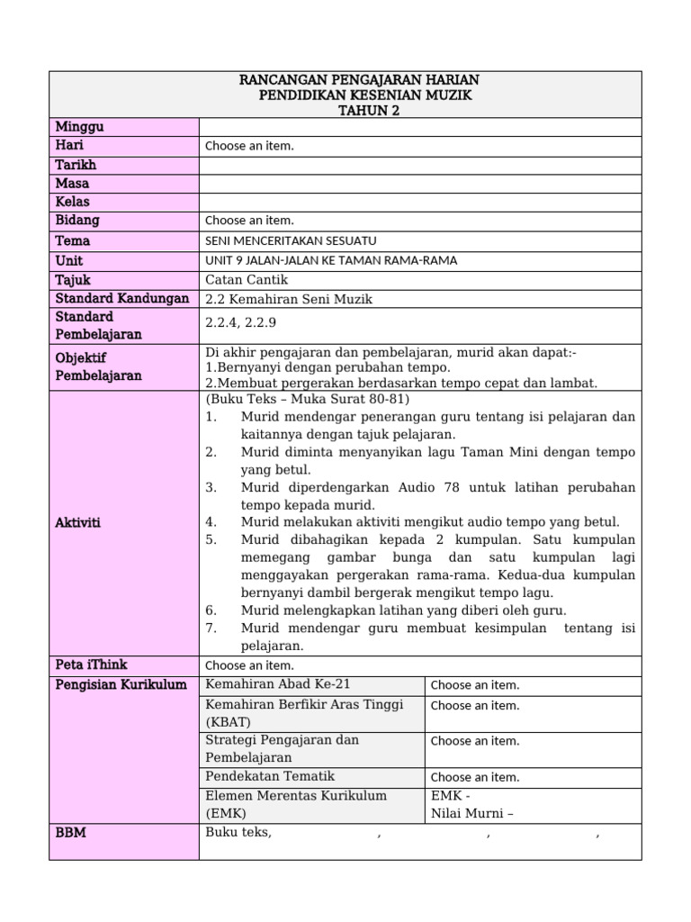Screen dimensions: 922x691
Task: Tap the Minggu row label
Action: (80, 127)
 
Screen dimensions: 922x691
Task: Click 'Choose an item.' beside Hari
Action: (249, 146)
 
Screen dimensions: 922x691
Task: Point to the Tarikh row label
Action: (76, 165)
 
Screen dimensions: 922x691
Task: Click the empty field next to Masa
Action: (420, 184)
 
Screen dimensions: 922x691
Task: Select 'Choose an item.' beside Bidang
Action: (249, 221)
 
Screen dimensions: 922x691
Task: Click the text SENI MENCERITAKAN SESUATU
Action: (291, 240)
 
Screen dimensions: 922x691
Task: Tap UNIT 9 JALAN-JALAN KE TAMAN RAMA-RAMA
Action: (331, 260)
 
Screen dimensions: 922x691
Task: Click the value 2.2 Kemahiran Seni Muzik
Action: (289, 299)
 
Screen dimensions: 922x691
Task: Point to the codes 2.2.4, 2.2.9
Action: (241, 325)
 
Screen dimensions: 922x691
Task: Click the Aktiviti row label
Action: (78, 522)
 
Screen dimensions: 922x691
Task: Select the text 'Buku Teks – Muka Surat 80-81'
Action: (307, 399)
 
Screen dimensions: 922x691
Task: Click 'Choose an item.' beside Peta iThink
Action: (249, 665)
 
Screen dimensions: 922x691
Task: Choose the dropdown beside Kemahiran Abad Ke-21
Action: (474, 685)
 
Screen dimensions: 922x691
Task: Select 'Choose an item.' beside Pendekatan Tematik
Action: (474, 777)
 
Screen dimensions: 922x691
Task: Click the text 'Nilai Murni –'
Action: (472, 814)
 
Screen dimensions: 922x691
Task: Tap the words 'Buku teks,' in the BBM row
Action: (238, 833)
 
